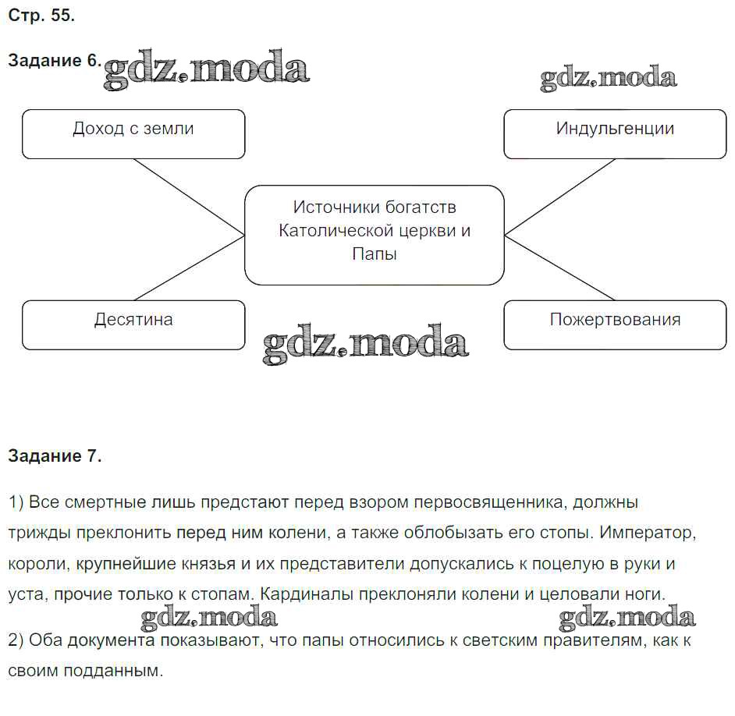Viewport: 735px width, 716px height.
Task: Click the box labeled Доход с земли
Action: (133, 133)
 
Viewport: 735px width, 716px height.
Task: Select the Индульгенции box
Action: (615, 133)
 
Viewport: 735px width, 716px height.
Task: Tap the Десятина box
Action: (133, 324)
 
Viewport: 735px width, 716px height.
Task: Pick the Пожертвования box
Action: (615, 324)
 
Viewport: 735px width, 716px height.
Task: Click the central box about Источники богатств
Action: (375, 234)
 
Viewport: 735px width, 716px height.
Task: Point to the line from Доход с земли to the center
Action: (190, 197)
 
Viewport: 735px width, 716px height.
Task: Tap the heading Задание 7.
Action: (55, 457)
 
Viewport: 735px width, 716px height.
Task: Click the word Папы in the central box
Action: (375, 254)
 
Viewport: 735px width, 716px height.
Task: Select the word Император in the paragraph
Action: (647, 533)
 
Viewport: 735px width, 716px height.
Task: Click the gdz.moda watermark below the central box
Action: (365, 344)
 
